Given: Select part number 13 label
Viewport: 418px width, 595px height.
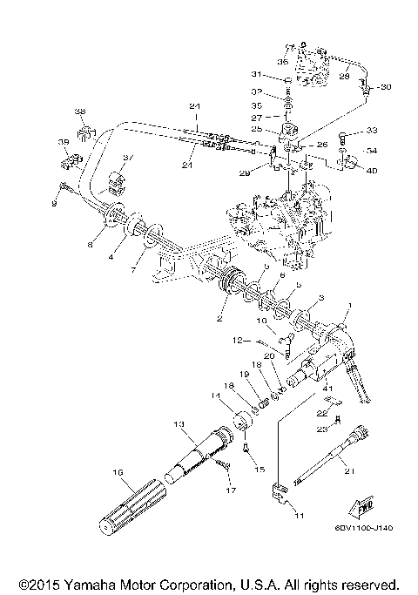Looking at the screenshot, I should pos(179,423).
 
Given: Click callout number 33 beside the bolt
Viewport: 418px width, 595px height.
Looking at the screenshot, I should pos(373,131).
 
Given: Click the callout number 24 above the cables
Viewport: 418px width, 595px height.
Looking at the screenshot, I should pos(195,106).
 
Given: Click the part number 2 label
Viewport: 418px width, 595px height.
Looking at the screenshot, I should pos(220,319).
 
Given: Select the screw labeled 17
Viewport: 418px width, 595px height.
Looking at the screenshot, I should pos(225,469).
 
